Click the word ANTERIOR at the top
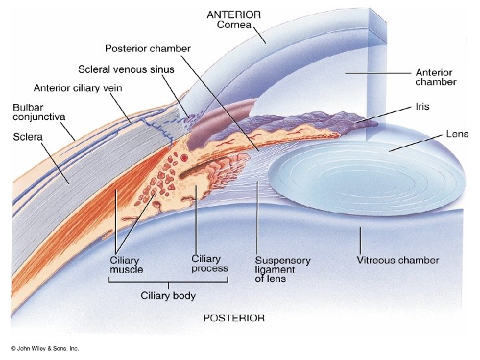pos(233,14)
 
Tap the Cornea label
pos(235,25)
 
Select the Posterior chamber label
pos(148,49)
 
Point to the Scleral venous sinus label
pos(126,69)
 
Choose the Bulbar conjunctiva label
pos(39,111)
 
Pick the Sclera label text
pos(27,137)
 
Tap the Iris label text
pos(422,107)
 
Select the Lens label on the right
pos(457,134)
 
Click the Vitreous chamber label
pos(398,260)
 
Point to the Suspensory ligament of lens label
pos(282,269)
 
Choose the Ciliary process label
pos(209,263)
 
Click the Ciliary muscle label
pos(126,264)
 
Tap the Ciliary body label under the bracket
pos(167,295)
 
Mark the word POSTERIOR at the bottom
pos(233,318)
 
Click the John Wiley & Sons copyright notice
pos(45,349)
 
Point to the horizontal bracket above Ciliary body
pos(168,282)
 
